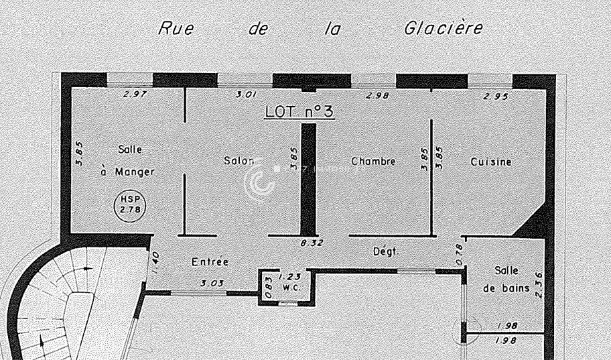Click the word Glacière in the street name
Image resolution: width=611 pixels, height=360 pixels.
click(443, 29)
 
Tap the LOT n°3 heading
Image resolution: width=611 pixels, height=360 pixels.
click(299, 111)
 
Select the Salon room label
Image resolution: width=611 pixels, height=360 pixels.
click(239, 161)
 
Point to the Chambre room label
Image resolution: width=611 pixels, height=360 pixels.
click(373, 162)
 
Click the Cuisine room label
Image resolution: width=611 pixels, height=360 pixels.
click(491, 162)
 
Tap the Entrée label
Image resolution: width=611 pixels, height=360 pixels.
click(210, 261)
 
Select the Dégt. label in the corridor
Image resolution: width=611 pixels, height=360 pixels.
click(386, 251)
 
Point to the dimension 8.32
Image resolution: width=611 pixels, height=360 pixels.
click(312, 243)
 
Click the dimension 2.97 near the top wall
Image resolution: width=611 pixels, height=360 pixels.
click(135, 94)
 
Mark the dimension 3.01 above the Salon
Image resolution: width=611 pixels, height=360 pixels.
click(247, 95)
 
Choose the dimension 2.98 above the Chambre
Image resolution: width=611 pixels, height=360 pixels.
click(378, 96)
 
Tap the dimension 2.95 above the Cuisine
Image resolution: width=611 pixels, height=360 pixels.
click(495, 96)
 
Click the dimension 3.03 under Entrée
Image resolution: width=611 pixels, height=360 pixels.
click(212, 284)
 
